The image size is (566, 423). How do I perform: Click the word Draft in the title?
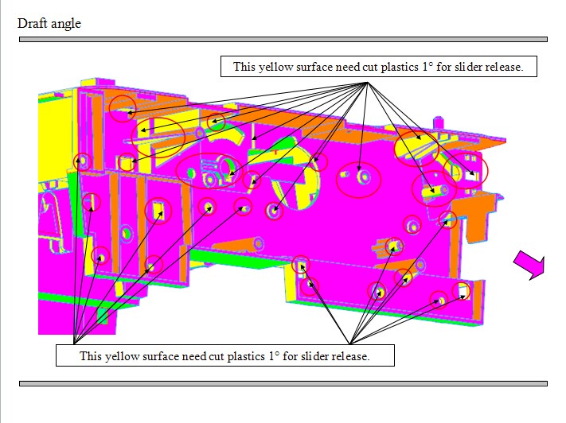pyautogui.click(x=32, y=23)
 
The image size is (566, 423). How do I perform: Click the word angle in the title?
pyautogui.click(x=66, y=24)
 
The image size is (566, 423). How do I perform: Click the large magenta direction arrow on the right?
pyautogui.click(x=530, y=264)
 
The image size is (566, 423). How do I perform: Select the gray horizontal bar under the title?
pyautogui.click(x=283, y=39)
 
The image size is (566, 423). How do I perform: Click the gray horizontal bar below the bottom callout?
pyautogui.click(x=283, y=384)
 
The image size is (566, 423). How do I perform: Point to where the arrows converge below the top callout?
pyautogui.click(x=368, y=83)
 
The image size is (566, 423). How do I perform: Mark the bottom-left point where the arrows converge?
pyautogui.click(x=74, y=342)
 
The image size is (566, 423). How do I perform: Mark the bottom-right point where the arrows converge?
pyautogui.click(x=349, y=343)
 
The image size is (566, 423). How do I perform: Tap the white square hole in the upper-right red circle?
pyautogui.click(x=470, y=176)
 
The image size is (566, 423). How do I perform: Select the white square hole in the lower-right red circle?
pyautogui.click(x=463, y=290)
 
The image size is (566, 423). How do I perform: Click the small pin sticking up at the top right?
pyautogui.click(x=438, y=122)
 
